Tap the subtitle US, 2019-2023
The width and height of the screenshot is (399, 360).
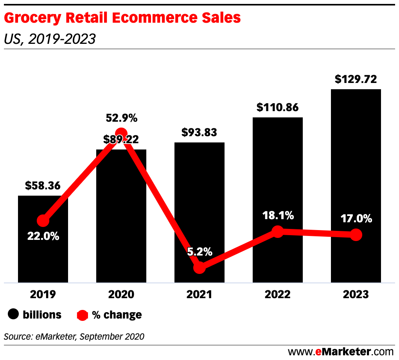pos(50,39)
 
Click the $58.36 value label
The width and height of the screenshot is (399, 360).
pos(43,185)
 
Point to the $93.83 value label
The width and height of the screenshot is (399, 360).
pos(199,133)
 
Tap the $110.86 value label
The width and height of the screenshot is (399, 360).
pos(277,107)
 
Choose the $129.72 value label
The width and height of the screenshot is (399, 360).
pos(356,79)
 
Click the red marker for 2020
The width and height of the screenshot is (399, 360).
pos(121,133)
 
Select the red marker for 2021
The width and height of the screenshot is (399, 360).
pos(199,268)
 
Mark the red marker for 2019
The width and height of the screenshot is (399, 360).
pos(43,221)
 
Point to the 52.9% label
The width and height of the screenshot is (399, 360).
pos(122,118)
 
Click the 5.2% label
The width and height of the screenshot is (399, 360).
pos(199,252)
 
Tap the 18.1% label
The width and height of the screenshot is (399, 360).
pos(278,216)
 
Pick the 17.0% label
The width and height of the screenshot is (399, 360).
pos(356,219)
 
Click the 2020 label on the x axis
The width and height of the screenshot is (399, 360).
pos(121,294)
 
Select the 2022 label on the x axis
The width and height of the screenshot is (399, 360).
pos(277,294)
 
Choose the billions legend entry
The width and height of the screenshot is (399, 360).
pos(35,315)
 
